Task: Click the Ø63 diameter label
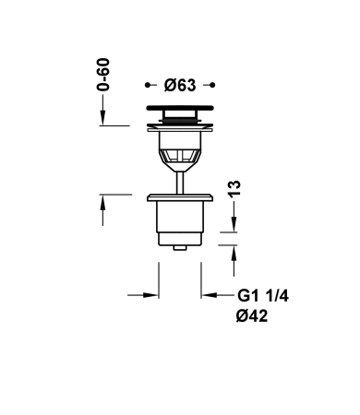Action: pyautogui.click(x=180, y=85)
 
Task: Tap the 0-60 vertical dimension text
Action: pyautogui.click(x=103, y=75)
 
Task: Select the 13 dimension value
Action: pyautogui.click(x=234, y=188)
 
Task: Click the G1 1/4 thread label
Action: pyautogui.click(x=263, y=296)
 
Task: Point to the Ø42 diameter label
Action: pyautogui.click(x=252, y=315)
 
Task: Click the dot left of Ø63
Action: pyautogui.click(x=148, y=85)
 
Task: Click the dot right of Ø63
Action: pyautogui.click(x=212, y=85)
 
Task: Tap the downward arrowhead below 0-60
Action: pyautogui.click(x=102, y=118)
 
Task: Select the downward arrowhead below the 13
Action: pyautogui.click(x=234, y=224)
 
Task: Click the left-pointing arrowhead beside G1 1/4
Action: pyautogui.click(x=209, y=295)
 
